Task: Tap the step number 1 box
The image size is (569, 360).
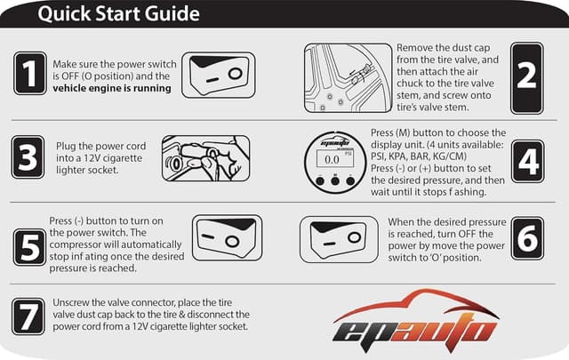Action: [x=29, y=74]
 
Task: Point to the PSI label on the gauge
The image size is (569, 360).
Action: [x=349, y=152]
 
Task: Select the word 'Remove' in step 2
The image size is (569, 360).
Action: [x=418, y=45]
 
